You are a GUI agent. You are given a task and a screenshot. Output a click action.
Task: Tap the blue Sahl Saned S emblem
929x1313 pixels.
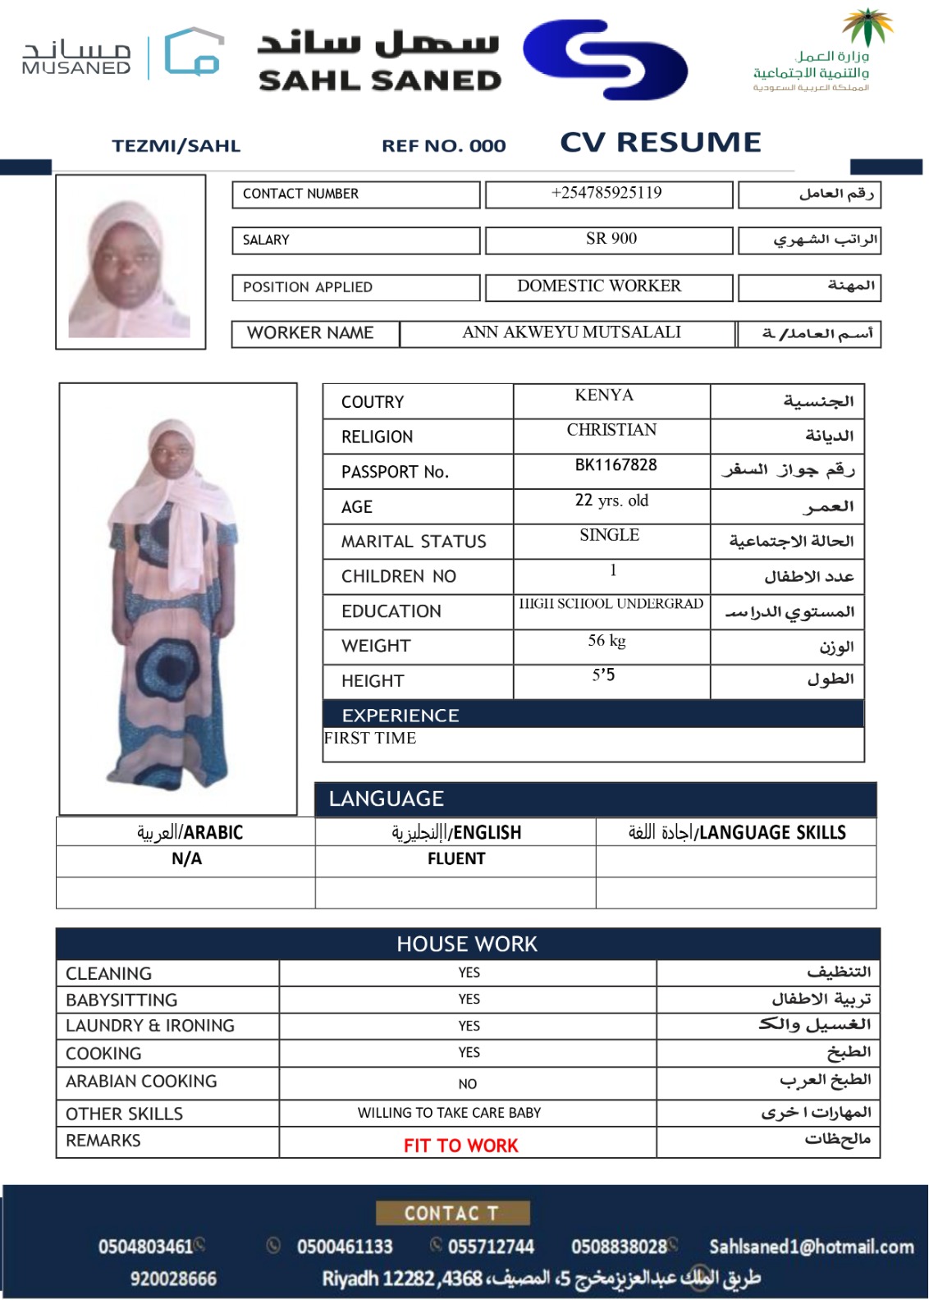coord(606,59)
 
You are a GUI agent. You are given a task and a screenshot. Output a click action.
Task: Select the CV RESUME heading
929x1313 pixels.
coord(661,143)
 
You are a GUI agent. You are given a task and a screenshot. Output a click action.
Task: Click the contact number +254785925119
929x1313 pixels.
coord(607,194)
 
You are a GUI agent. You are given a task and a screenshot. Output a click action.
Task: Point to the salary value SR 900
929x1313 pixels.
coord(611,239)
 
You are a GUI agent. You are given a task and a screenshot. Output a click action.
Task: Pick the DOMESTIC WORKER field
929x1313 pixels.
coord(599,286)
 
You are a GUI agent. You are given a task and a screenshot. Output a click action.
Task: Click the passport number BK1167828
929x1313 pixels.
coord(616,465)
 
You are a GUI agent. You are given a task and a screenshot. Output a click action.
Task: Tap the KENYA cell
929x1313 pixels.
coord(604,396)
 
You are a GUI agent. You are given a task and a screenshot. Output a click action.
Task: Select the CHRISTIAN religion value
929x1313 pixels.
coord(611,430)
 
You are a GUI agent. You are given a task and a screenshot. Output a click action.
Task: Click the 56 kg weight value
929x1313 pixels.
coord(606,641)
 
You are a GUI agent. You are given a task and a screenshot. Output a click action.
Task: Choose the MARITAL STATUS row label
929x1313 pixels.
coord(414,542)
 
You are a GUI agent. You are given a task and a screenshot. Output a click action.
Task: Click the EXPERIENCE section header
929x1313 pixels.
coord(400,716)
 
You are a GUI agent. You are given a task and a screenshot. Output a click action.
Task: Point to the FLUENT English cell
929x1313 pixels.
coord(456,859)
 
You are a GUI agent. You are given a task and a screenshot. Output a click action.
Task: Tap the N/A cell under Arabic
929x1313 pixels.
coord(186,859)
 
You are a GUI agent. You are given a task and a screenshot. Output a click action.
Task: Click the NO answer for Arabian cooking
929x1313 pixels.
coord(468,1084)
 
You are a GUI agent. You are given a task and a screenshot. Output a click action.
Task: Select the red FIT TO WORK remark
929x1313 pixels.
coord(460,1146)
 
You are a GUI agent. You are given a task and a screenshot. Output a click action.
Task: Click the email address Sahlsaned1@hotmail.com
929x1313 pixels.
coord(811,1247)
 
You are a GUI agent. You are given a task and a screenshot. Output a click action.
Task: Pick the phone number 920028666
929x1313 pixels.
coord(173,1279)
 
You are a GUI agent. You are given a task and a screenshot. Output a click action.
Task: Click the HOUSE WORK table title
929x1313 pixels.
coord(467,945)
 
